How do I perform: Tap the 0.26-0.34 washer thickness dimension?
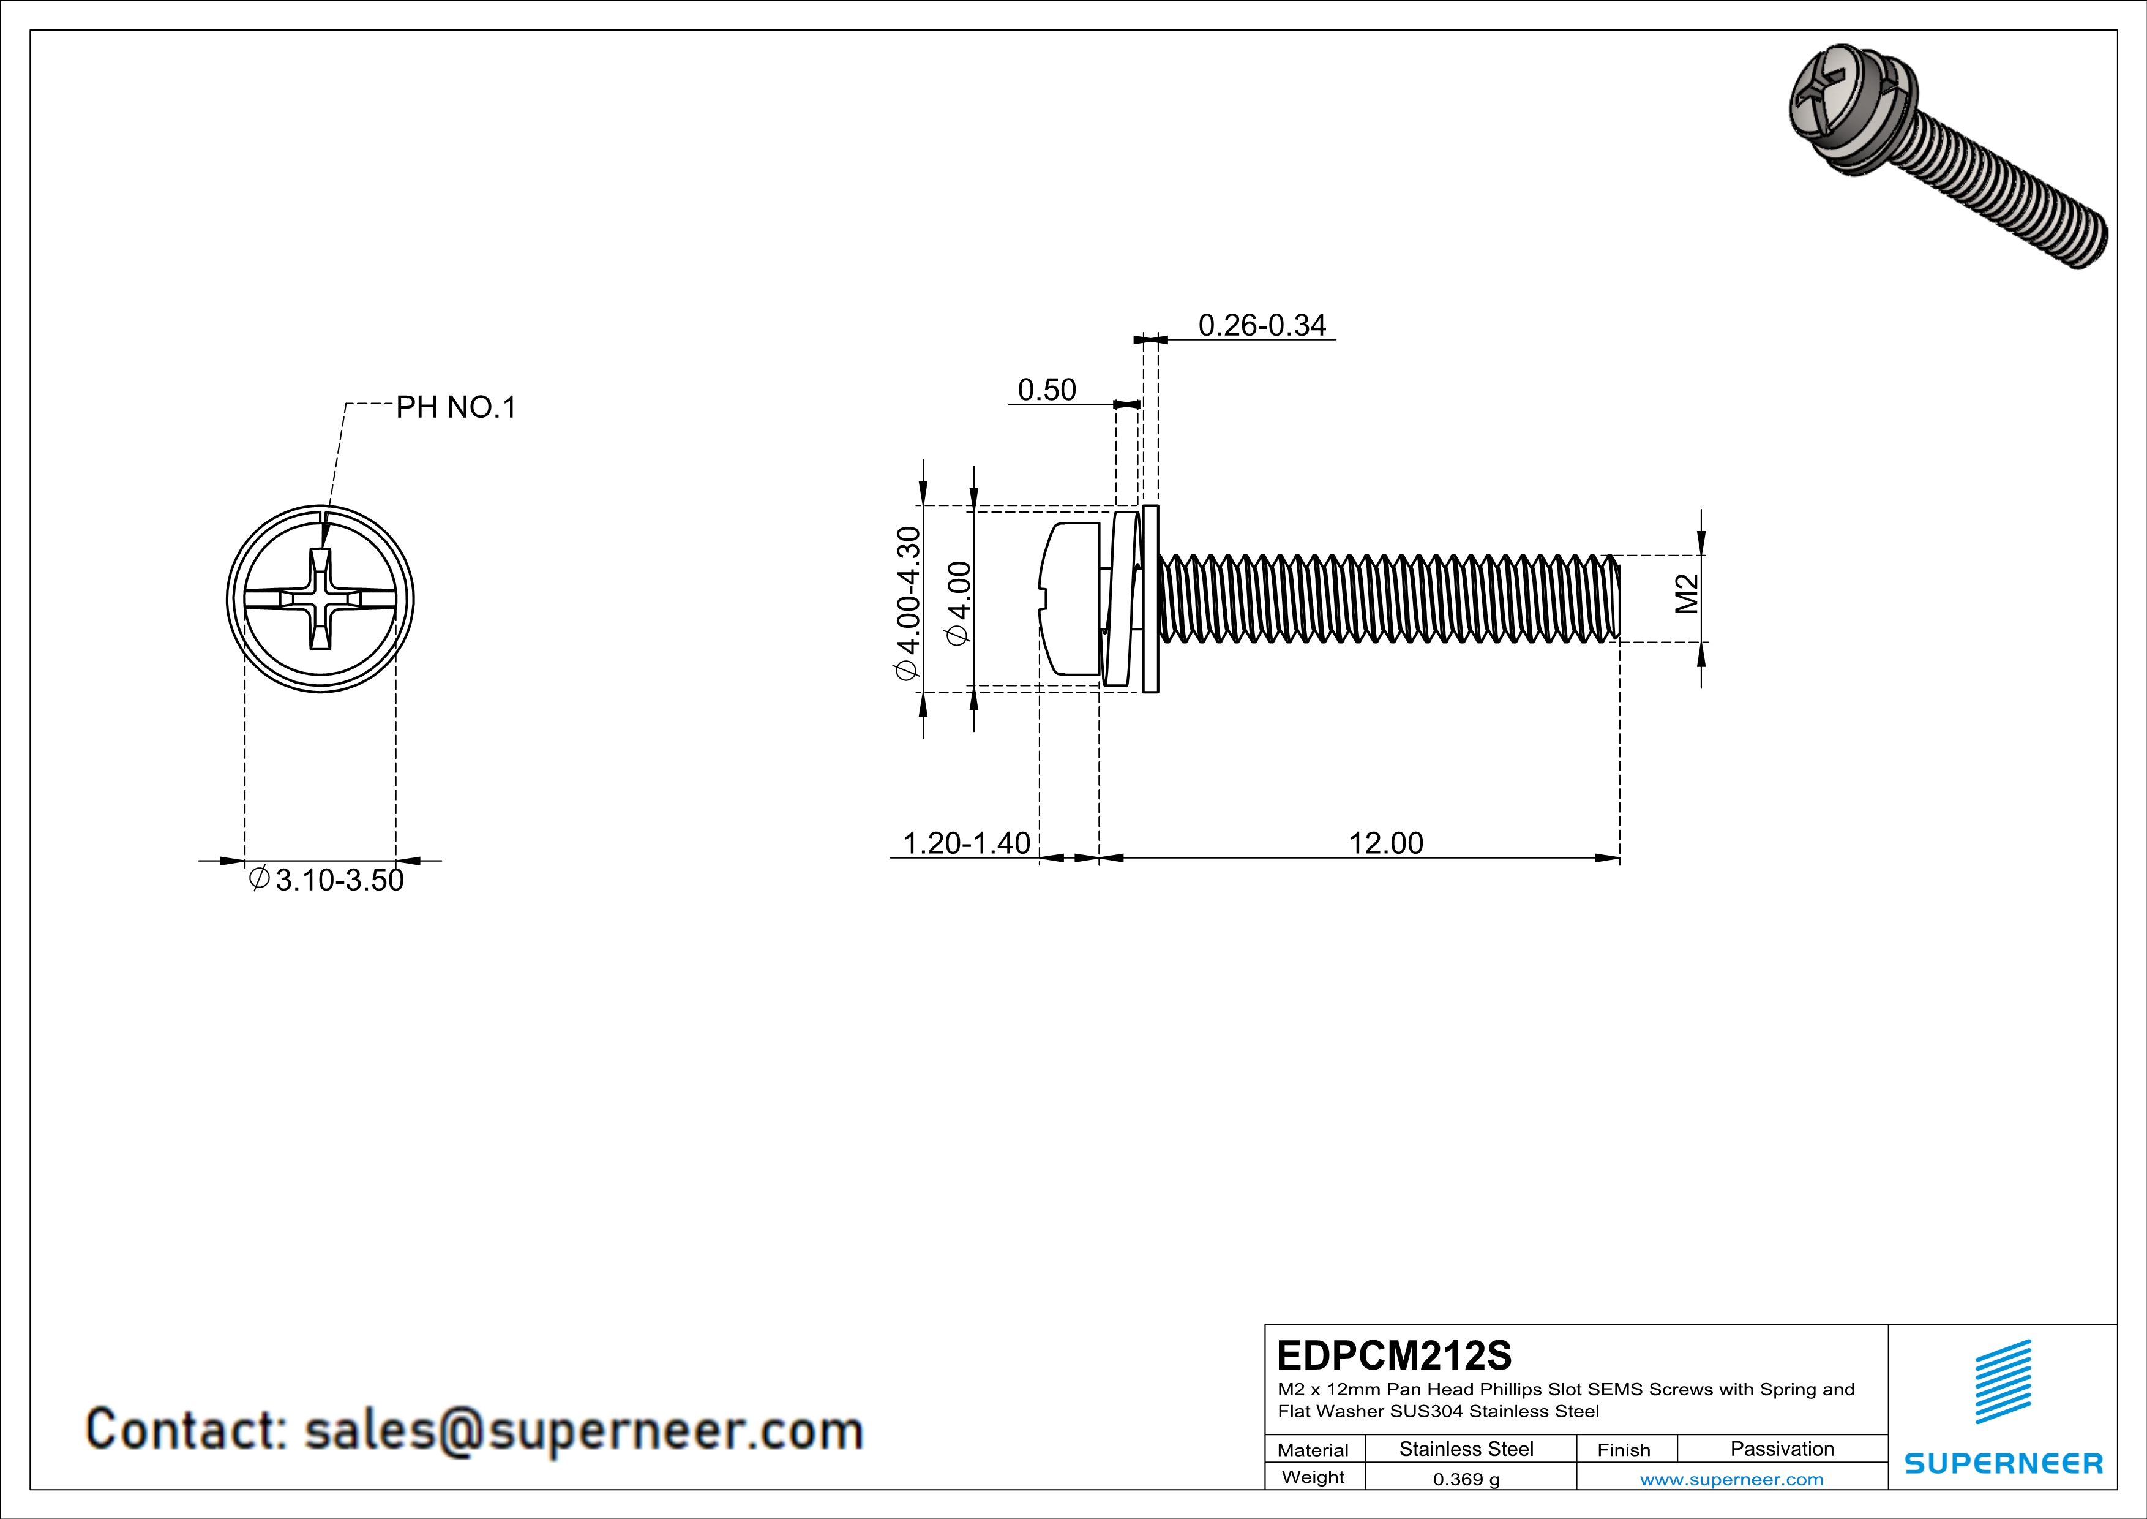tap(1262, 325)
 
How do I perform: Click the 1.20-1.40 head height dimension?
tap(966, 843)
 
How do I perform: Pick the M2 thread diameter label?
tap(1686, 594)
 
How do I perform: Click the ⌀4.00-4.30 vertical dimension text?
tap(908, 603)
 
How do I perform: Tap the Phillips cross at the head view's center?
tap(320, 598)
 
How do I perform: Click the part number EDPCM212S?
tap(1393, 1355)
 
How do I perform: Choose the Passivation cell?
tap(1782, 1449)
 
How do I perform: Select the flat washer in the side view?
tap(1151, 598)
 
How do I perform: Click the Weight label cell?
tap(1313, 1477)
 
